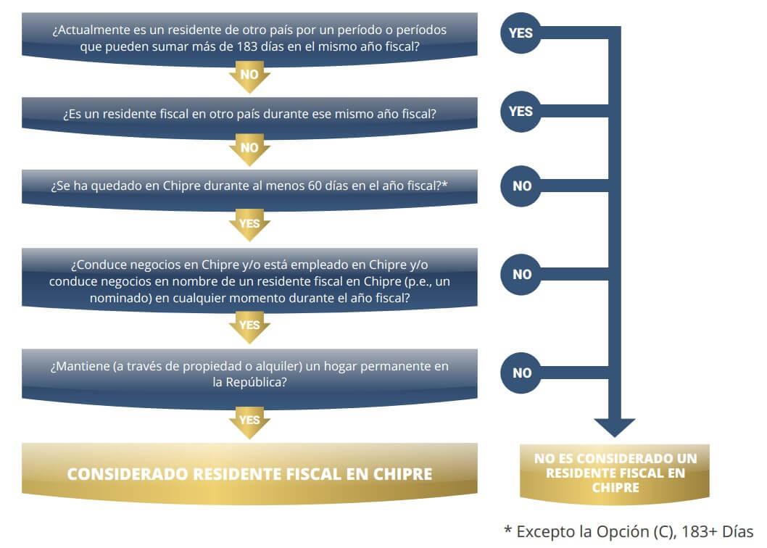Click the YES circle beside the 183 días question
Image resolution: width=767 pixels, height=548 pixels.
[x=521, y=33]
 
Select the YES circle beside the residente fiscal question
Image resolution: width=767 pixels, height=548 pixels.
[x=521, y=112]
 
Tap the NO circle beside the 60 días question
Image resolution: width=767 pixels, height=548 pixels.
[x=521, y=186]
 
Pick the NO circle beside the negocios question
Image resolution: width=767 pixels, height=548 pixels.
[x=521, y=275]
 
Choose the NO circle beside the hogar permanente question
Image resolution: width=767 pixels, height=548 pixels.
[x=521, y=373]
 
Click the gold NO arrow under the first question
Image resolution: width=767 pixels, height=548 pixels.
[x=249, y=76]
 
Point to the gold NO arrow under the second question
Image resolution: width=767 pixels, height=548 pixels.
[x=249, y=149]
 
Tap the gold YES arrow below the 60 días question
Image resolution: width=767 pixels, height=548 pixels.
[x=249, y=225]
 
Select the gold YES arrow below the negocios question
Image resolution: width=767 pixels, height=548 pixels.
[x=249, y=326]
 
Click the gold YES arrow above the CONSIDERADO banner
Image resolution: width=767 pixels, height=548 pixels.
[x=249, y=422]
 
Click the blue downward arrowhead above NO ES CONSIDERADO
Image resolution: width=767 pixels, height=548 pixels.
[x=614, y=428]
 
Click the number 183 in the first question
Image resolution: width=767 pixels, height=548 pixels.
[x=247, y=46]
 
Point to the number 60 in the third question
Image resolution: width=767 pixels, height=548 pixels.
[x=315, y=186]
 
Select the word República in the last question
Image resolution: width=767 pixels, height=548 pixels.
[x=256, y=382]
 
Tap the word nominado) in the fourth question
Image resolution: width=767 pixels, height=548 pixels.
[x=121, y=298]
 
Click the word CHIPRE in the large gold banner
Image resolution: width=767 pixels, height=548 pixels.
[x=403, y=474]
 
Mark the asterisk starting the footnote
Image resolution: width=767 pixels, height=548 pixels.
[x=508, y=529]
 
